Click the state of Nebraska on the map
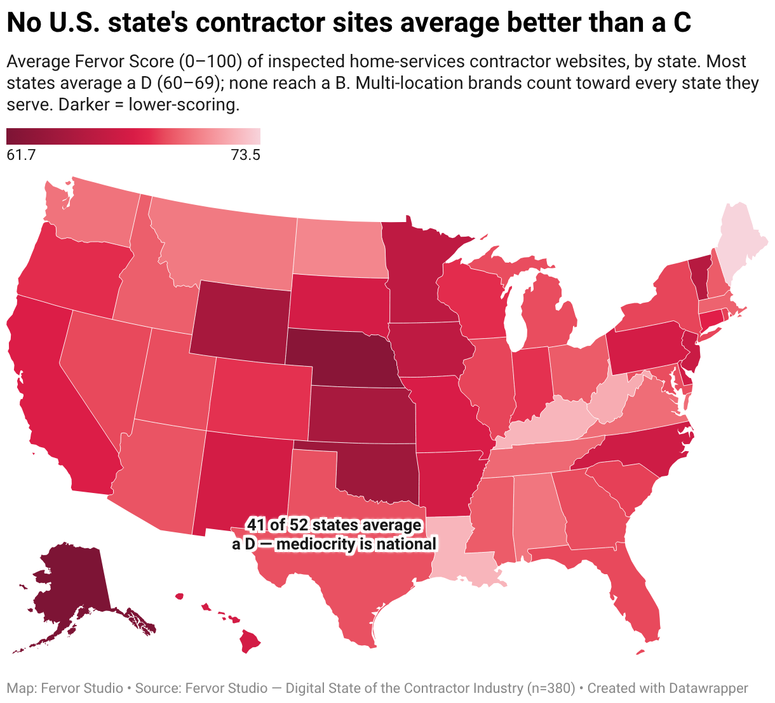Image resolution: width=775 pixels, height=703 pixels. (340, 357)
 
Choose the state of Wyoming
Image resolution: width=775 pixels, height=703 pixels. (241, 320)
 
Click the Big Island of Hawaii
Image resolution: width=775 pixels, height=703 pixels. (249, 641)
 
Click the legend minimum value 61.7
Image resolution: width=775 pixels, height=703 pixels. (21, 155)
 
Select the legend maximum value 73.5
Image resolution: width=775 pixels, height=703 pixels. (246, 155)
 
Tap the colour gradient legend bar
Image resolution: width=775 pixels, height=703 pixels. (133, 136)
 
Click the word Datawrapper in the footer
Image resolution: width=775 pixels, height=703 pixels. (708, 688)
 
